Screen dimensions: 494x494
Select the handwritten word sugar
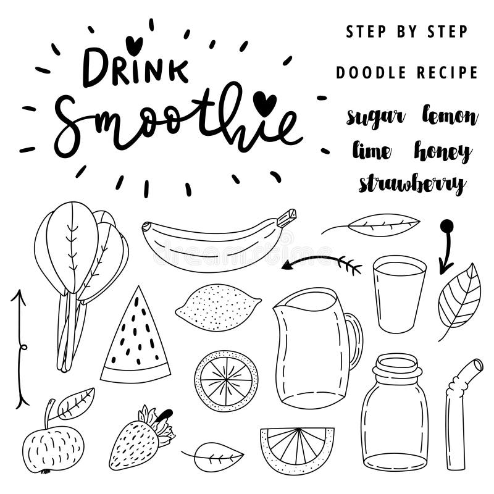(375, 117)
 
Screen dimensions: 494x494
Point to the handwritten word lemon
(450, 115)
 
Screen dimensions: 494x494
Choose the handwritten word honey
(443, 151)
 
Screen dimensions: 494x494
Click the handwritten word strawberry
(412, 184)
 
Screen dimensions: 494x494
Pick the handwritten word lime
(372, 151)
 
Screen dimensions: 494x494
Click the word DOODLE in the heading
(371, 73)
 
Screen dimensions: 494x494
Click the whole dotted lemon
(217, 307)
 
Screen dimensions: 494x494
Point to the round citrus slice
(227, 381)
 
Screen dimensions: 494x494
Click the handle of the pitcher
(354, 340)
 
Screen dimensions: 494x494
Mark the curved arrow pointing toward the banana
(321, 261)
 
